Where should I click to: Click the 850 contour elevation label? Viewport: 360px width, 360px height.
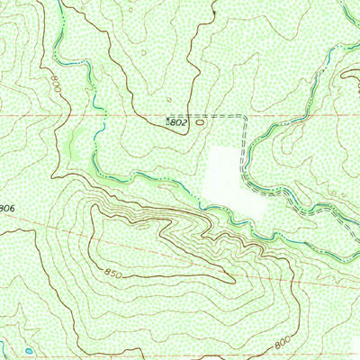[x=112, y=273]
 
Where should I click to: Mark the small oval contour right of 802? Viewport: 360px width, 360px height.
[x=199, y=124]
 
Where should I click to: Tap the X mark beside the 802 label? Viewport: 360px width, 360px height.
[x=166, y=119]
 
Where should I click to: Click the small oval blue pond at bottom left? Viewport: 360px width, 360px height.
[x=29, y=350]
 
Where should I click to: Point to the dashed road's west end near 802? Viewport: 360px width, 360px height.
[x=194, y=117]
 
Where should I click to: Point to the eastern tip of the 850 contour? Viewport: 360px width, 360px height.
[x=236, y=280]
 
